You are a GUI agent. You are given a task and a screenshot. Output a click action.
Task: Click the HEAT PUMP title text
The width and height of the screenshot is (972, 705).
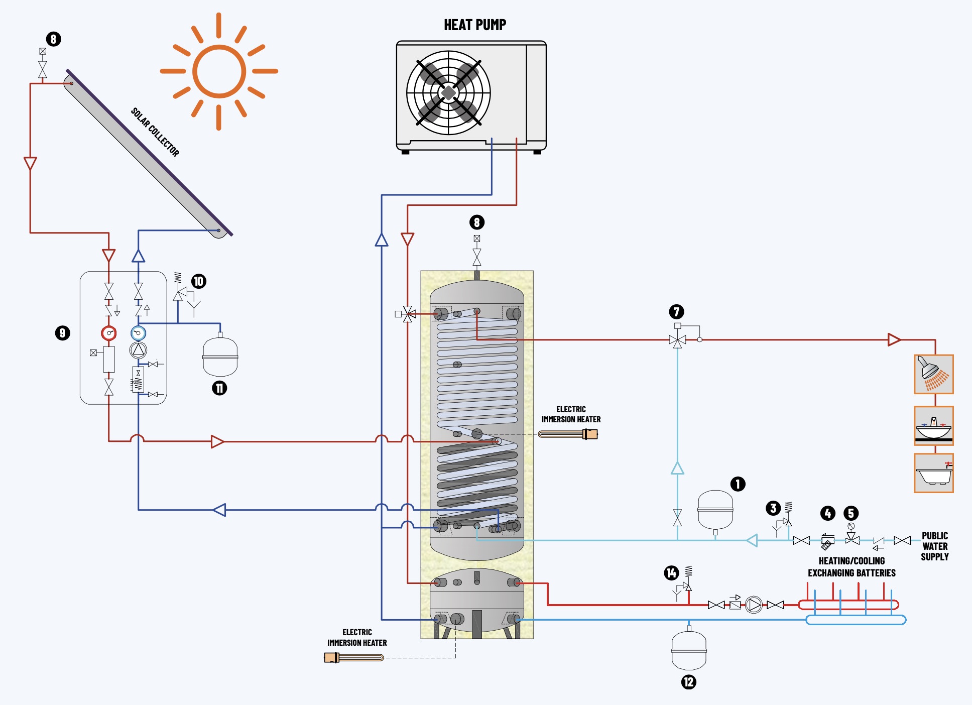[475, 25]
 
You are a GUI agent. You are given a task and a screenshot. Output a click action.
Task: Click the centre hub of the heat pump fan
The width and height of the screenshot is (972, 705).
[448, 93]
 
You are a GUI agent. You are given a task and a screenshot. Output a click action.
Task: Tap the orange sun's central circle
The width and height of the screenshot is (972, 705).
[219, 71]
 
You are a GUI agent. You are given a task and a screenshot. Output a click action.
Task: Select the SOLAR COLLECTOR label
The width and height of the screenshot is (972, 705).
[155, 132]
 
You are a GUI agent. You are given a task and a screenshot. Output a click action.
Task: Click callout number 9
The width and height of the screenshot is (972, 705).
[62, 333]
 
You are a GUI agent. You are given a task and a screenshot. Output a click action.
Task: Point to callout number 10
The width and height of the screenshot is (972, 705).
[199, 281]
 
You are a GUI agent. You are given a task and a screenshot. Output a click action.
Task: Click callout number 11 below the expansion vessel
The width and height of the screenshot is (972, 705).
[219, 388]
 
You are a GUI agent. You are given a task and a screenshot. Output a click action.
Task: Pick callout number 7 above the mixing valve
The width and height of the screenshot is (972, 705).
[676, 312]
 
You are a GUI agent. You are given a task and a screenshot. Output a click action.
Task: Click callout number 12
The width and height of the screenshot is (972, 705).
[688, 682]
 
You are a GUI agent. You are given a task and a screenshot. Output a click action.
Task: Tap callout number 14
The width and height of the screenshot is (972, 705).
[671, 573]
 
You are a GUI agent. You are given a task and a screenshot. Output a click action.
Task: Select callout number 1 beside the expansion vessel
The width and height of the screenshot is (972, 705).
[738, 484]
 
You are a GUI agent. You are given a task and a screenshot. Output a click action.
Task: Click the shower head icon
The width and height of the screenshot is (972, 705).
[933, 374]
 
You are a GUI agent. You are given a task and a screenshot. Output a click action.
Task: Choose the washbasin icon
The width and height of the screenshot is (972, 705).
[933, 426]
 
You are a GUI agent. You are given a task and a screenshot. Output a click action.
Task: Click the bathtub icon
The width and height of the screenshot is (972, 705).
[933, 473]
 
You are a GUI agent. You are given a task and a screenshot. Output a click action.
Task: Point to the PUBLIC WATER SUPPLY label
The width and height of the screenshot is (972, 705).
[934, 546]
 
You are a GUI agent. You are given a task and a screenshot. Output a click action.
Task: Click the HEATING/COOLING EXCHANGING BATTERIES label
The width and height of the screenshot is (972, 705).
[852, 567]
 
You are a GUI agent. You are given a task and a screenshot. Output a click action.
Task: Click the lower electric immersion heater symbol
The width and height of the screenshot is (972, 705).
[354, 657]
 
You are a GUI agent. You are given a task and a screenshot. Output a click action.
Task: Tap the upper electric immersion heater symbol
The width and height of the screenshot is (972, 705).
[568, 434]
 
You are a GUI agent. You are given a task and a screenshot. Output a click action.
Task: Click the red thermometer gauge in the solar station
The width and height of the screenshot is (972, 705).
[109, 333]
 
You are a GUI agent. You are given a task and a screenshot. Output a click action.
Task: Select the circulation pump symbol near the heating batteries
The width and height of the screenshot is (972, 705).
[754, 605]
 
